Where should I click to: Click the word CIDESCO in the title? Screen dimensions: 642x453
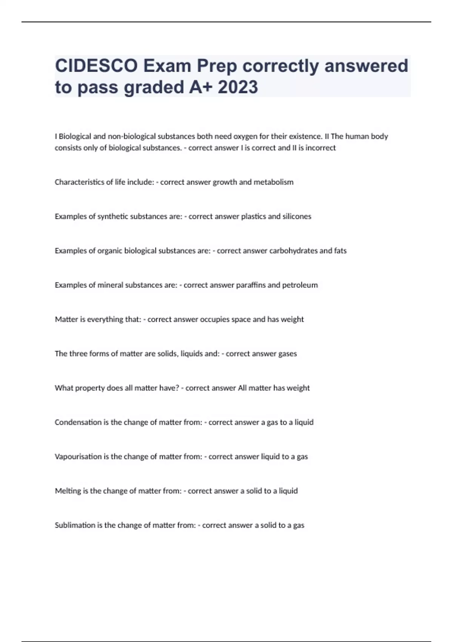coord(96,66)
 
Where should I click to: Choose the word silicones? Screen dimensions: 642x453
coord(297,216)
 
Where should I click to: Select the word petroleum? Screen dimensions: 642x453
coord(300,285)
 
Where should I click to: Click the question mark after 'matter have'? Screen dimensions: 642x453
coord(177,388)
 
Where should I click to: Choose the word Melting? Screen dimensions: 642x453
coord(68,491)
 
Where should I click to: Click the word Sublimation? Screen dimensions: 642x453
coord(75,525)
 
